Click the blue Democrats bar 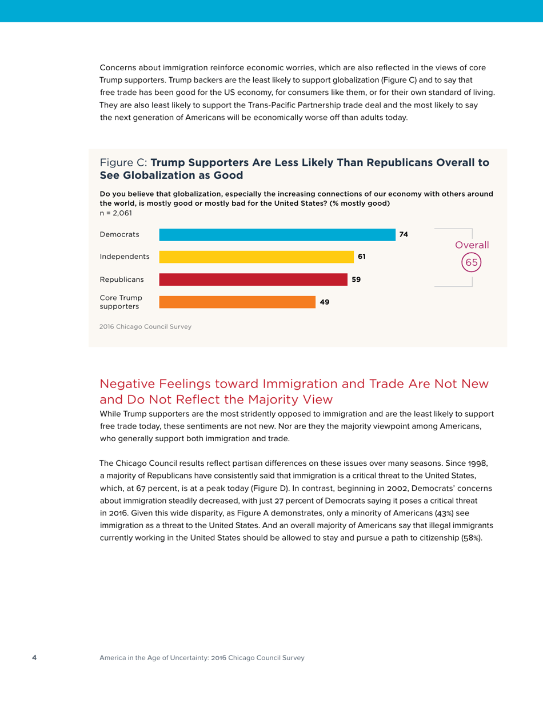(x=277, y=235)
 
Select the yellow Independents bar (x=256, y=257)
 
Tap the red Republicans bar (x=253, y=280)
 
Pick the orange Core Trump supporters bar (x=237, y=302)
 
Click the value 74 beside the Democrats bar (x=404, y=235)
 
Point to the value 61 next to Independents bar (x=361, y=257)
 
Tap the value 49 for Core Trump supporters (x=324, y=302)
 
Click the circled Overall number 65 (x=472, y=262)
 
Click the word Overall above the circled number (x=472, y=245)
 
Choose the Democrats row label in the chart (x=119, y=235)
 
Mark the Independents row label (x=125, y=257)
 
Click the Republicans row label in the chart (x=122, y=280)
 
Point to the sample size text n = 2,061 (x=115, y=213)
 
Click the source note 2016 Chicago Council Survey (x=145, y=327)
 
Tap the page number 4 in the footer (x=34, y=658)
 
